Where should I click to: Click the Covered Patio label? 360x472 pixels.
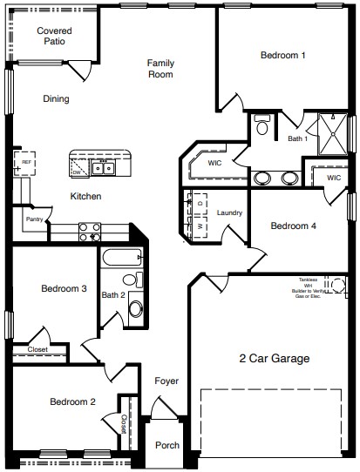54,36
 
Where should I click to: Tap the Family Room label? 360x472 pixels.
160,68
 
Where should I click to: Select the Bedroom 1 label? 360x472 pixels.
283,56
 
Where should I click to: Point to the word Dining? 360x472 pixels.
56,98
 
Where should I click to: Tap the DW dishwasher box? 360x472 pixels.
77,172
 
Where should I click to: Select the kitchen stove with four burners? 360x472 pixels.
90,232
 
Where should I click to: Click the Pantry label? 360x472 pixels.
34,219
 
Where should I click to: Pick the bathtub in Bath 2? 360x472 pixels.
121,259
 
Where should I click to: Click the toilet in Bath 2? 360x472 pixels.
132,280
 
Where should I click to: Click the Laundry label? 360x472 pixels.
229,212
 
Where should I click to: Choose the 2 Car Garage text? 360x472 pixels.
275,357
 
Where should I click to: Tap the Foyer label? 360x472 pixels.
166,381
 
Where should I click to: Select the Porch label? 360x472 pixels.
167,445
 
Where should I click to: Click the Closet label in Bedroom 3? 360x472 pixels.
37,349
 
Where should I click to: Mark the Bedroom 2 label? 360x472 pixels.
71,401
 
